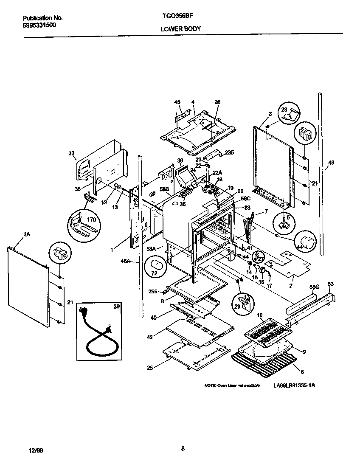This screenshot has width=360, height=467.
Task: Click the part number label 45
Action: pos(177,102)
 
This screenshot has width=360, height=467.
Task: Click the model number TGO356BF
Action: pos(175,18)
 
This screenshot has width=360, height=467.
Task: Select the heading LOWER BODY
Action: pos(180,29)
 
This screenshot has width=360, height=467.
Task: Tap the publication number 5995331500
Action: pos(39,25)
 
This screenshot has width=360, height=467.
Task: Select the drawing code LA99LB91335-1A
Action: pos(295,385)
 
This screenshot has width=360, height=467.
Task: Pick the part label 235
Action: pos(229,152)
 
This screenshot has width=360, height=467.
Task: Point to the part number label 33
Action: pos(71,153)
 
